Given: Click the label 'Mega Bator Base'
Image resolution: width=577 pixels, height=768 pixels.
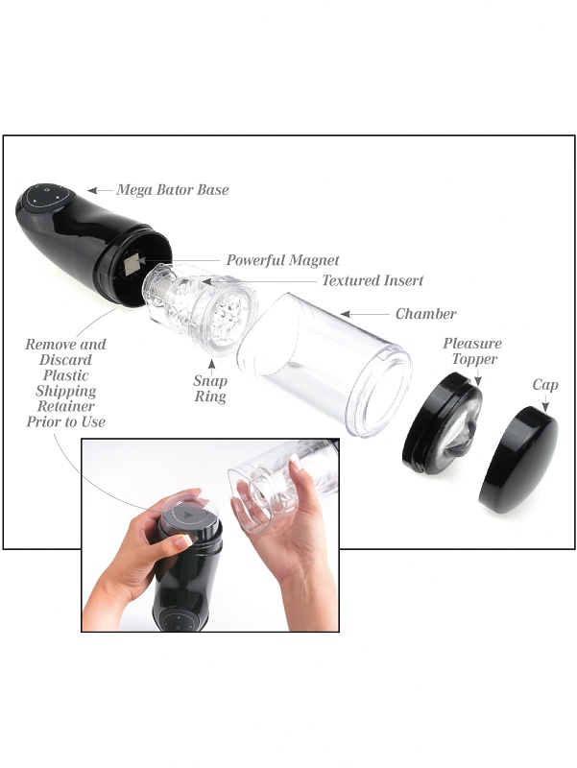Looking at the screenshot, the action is pyautogui.click(x=173, y=189).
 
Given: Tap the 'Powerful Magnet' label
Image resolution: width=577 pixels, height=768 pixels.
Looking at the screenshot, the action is pyautogui.click(x=282, y=259).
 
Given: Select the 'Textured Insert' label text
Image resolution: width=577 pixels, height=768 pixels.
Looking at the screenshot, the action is pyautogui.click(x=373, y=280).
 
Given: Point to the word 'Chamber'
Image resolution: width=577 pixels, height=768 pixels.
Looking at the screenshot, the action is pyautogui.click(x=425, y=314).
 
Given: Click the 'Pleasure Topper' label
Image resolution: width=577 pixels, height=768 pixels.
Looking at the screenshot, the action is pyautogui.click(x=472, y=350).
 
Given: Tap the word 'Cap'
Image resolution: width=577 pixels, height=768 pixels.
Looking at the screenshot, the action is pyautogui.click(x=545, y=386).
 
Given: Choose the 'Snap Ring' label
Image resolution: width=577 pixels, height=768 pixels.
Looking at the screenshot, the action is pyautogui.click(x=210, y=389).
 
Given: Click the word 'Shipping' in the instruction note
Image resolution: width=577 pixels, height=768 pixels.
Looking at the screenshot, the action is pyautogui.click(x=65, y=391).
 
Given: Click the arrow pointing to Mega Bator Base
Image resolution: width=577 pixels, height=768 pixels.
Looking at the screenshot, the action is pyautogui.click(x=101, y=190).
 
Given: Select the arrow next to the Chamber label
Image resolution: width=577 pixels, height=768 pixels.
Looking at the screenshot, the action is pyautogui.click(x=365, y=314).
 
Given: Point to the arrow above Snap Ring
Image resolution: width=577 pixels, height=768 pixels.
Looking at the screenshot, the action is pyautogui.click(x=211, y=366).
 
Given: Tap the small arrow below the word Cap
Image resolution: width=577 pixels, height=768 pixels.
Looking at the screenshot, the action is pyautogui.click(x=545, y=403).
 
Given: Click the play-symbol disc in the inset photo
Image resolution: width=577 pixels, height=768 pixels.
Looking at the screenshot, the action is pyautogui.click(x=188, y=516).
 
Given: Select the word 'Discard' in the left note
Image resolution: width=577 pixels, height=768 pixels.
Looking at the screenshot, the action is pyautogui.click(x=65, y=360).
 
